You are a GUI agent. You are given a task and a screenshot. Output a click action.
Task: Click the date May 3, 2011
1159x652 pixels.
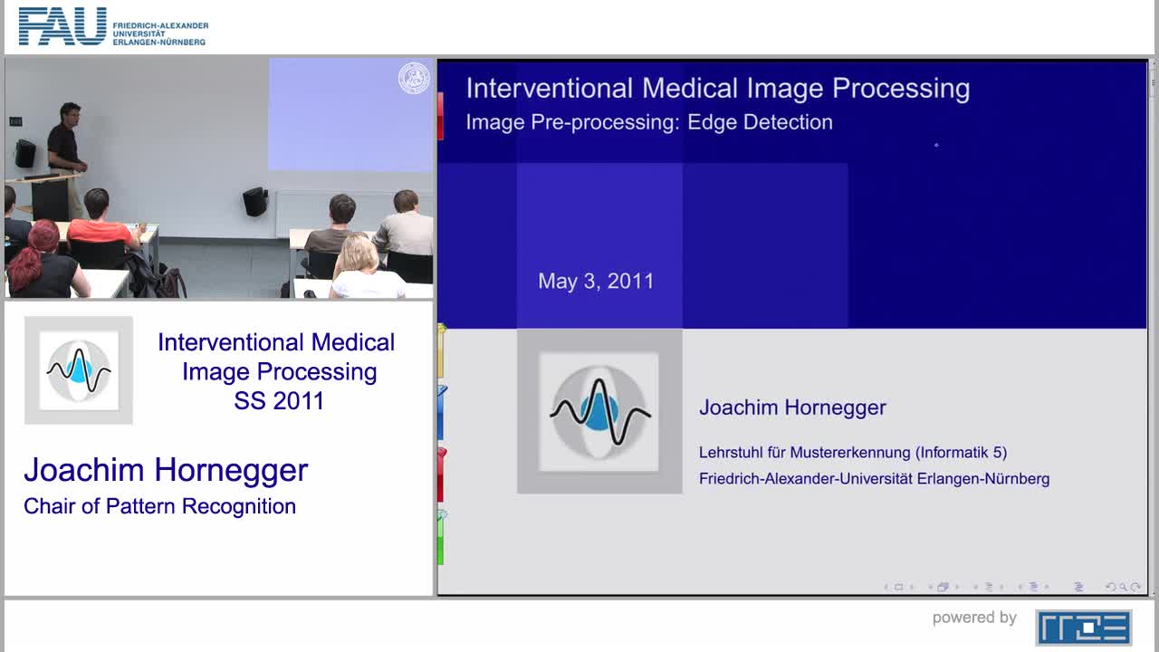tap(596, 281)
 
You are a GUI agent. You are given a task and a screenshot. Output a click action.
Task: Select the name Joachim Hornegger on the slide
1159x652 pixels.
tap(792, 407)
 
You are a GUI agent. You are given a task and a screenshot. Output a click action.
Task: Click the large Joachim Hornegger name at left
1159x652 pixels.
tap(166, 470)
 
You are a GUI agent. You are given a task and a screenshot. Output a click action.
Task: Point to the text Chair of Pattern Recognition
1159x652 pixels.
tap(159, 506)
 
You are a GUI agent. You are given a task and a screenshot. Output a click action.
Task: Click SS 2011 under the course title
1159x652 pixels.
tap(279, 401)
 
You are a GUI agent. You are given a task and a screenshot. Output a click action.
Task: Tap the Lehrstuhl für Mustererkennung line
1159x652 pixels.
tap(852, 452)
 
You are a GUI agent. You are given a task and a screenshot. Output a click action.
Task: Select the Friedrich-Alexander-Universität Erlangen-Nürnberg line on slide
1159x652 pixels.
tap(874, 478)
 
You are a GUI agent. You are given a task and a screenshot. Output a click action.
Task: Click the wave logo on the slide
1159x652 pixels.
tap(599, 411)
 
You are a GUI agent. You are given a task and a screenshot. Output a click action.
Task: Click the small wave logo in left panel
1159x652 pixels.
tap(79, 369)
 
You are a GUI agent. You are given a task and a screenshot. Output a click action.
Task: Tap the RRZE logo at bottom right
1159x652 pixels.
tap(1083, 627)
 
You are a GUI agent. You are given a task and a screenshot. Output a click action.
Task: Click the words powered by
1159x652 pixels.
tap(974, 618)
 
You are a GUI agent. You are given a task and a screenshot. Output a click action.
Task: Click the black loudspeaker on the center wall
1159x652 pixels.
tap(255, 201)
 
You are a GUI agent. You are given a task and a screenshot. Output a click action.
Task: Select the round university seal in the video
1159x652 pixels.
tap(414, 79)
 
